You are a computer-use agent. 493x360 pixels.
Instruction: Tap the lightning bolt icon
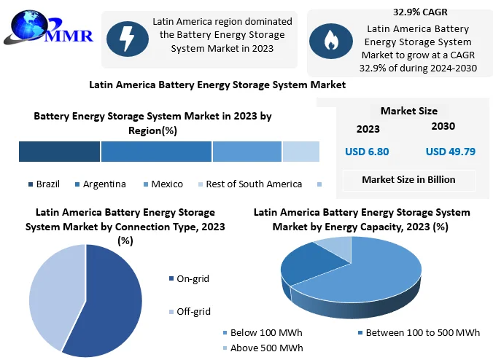tap(128, 39)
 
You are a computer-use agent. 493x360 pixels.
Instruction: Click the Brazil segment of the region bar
tap(59, 152)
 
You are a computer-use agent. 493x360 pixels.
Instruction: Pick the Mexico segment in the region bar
tap(246, 152)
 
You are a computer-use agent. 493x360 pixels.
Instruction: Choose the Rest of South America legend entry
tap(249, 184)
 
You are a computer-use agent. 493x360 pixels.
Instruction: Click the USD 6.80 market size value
tap(367, 152)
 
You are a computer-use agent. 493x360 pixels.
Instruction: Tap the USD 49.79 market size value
tap(451, 152)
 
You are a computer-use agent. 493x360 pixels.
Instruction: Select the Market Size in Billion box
tap(408, 179)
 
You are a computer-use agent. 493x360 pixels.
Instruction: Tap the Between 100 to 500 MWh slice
tap(306, 264)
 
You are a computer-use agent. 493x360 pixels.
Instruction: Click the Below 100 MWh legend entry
tap(261, 332)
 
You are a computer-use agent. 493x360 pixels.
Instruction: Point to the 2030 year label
tap(443, 126)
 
